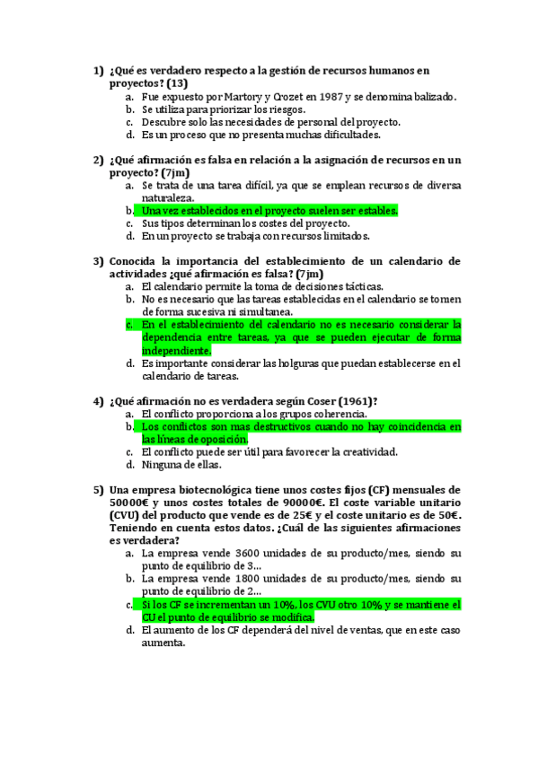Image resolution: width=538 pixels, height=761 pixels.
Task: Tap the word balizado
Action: (x=431, y=96)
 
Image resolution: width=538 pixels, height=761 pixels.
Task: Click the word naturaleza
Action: (x=167, y=198)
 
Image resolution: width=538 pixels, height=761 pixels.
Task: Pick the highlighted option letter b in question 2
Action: (x=130, y=211)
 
